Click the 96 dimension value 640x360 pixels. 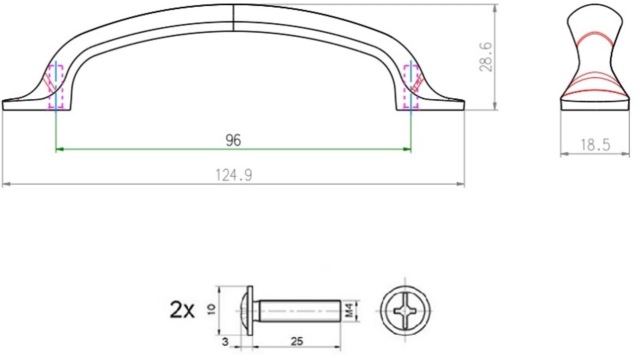(233, 140)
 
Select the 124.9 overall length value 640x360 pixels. (234, 175)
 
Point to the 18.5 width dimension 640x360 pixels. (595, 144)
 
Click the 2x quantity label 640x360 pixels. (182, 310)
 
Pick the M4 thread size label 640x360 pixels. (349, 311)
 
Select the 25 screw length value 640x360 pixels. (296, 342)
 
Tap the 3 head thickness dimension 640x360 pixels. (225, 342)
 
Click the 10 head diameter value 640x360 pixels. (212, 309)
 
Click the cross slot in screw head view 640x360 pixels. (405, 310)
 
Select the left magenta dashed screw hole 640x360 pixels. (56, 87)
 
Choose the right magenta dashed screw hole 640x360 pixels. (411, 87)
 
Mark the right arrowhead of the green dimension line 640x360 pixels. (408, 149)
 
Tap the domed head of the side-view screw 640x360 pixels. (243, 310)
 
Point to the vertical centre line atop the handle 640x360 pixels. (233, 18)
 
